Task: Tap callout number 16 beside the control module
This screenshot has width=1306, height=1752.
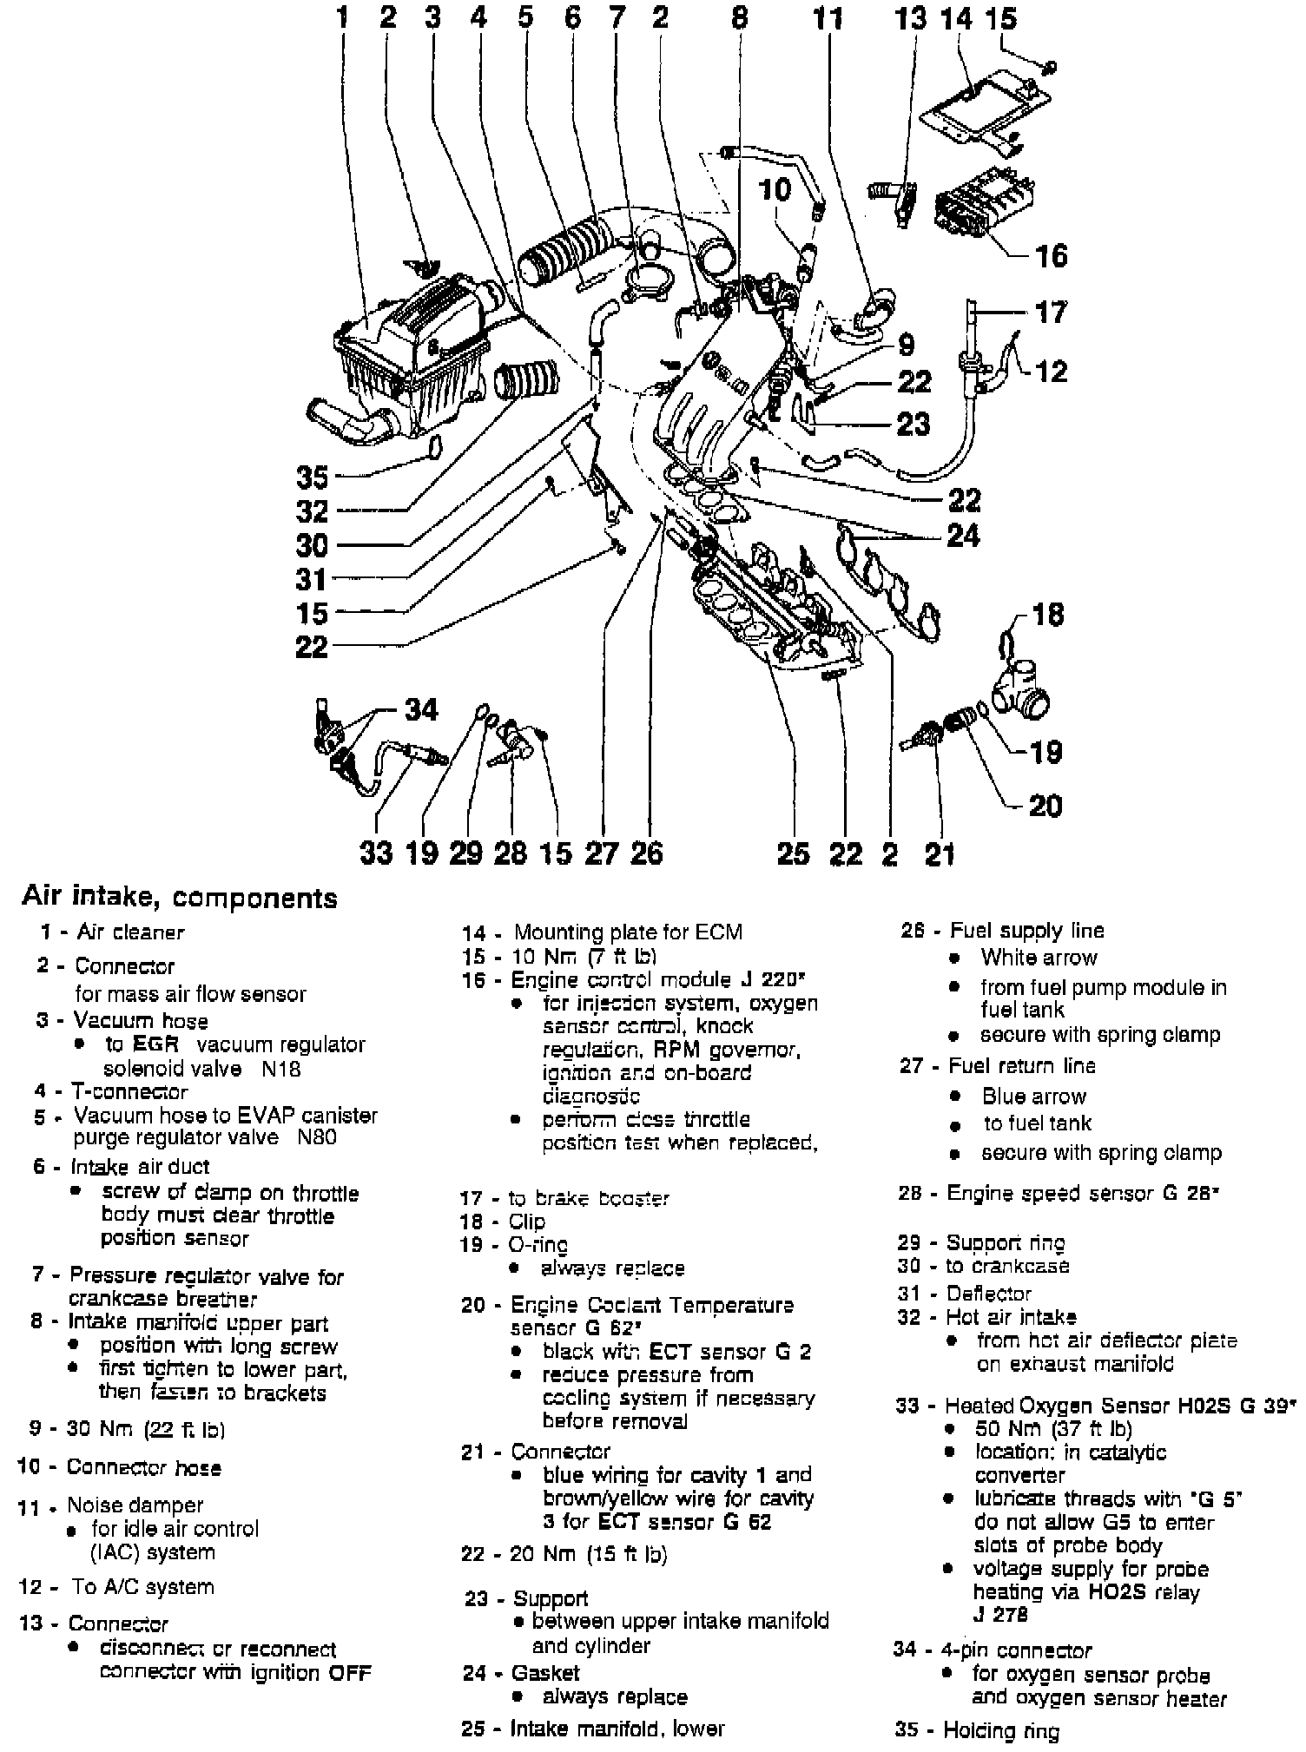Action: click(x=1050, y=255)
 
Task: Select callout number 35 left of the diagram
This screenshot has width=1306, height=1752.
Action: click(x=313, y=477)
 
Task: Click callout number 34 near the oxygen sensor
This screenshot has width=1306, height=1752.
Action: click(x=422, y=709)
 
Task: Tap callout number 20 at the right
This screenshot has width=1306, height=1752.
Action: click(x=1045, y=806)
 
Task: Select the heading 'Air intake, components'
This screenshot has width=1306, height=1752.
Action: click(x=180, y=897)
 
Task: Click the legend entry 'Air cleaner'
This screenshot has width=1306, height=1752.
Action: click(x=130, y=932)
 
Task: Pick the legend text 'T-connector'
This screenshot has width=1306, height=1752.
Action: click(x=129, y=1091)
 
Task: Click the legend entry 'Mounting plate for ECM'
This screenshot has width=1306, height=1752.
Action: click(x=628, y=932)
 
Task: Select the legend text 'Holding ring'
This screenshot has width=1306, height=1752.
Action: click(x=1002, y=1730)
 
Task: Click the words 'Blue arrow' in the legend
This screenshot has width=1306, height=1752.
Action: click(x=1034, y=1096)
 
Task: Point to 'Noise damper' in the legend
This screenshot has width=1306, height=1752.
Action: click(x=135, y=1505)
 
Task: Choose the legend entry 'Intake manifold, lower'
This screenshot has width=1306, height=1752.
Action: click(x=617, y=1728)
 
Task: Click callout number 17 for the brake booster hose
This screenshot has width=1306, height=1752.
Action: click(x=1051, y=312)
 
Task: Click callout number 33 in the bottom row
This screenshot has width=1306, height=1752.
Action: click(x=376, y=853)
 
